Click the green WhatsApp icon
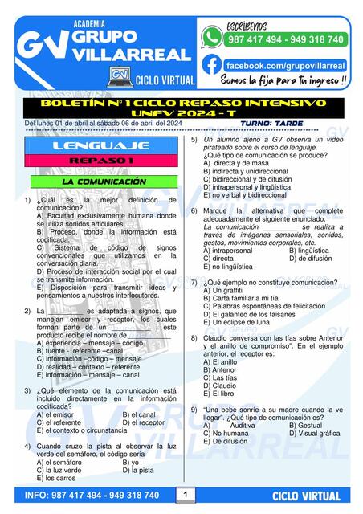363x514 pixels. click(212, 37)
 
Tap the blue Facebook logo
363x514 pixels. click(212, 64)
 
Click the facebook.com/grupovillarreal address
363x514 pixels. click(285, 65)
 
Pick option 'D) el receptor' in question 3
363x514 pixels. click(143, 422)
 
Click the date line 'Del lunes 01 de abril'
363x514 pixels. click(92, 123)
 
